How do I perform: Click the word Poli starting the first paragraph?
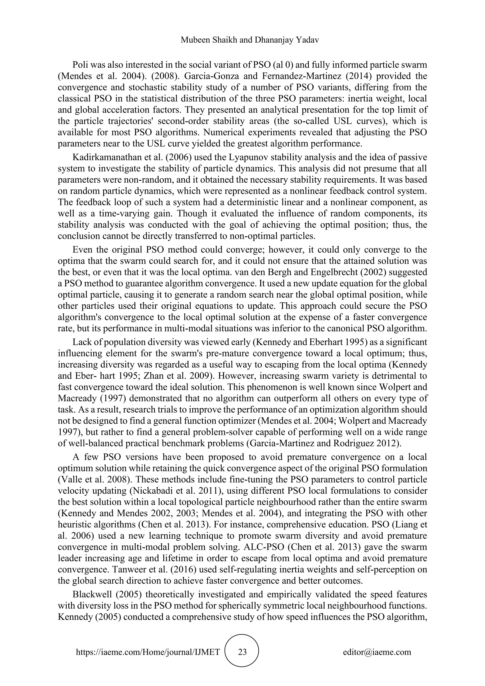[79, 65]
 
